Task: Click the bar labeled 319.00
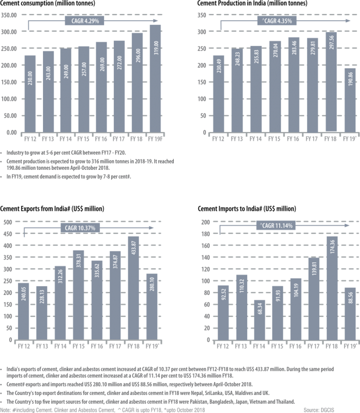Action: point(155,78)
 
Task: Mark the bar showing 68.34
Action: point(260,320)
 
